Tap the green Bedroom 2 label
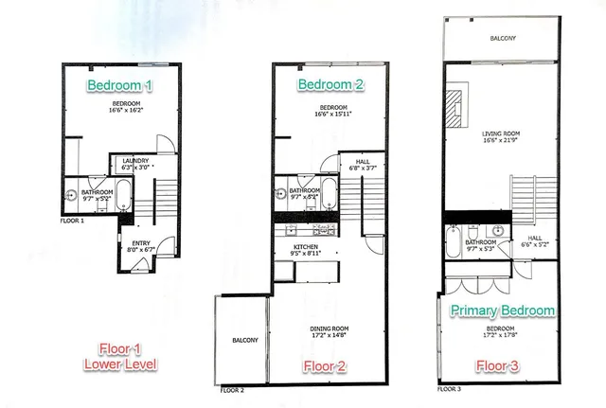tap(330, 85)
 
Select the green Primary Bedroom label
tap(503, 310)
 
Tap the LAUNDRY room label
tap(136, 161)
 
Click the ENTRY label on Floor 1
tap(141, 243)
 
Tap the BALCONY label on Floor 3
tap(503, 39)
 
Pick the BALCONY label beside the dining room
tap(244, 341)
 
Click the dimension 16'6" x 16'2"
tap(127, 111)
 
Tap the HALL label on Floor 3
tap(535, 239)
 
